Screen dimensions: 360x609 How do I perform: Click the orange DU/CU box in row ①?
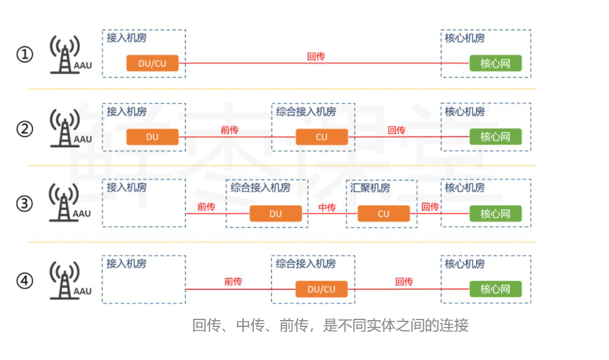click(x=152, y=63)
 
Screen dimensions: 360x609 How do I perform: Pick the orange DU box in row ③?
click(x=276, y=213)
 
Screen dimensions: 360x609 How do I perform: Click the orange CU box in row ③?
click(x=383, y=213)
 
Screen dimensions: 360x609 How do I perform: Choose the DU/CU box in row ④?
click(x=321, y=289)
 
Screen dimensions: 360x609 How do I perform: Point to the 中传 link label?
click(x=327, y=207)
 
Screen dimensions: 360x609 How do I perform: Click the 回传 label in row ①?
click(x=316, y=56)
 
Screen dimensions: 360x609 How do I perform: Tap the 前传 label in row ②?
click(x=230, y=130)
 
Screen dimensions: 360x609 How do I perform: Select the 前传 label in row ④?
click(x=233, y=282)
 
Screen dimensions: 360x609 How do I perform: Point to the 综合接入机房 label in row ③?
click(x=260, y=188)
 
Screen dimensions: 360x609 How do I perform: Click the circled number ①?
click(x=24, y=55)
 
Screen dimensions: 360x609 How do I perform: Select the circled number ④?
click(x=24, y=281)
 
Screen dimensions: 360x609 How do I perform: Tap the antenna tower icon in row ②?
click(x=64, y=128)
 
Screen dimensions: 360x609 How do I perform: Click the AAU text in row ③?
click(x=82, y=214)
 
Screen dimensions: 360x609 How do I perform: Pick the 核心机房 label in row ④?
click(x=464, y=264)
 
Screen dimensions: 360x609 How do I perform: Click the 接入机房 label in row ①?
click(x=127, y=37)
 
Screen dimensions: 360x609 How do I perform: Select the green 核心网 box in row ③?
click(x=495, y=213)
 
